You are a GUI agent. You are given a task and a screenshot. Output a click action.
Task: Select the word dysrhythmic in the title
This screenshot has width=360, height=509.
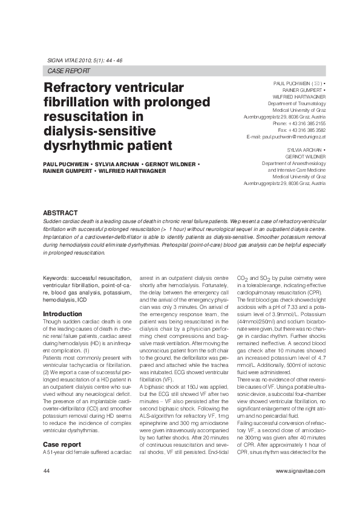[x=76, y=146]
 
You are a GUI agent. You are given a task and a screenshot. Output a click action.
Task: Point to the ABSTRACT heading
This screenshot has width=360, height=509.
[x=60, y=213]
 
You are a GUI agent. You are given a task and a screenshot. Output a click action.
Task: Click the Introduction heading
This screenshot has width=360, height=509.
[x=62, y=314]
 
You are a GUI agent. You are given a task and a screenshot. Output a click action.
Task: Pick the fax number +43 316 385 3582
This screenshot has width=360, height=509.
[x=307, y=130]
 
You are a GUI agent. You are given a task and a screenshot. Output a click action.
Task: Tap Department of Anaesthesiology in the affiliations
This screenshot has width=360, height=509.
[x=293, y=163]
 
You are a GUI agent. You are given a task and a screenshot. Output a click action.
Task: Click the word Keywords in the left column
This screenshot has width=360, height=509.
[x=55, y=277]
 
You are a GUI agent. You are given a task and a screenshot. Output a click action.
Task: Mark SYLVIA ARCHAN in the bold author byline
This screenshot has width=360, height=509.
[x=114, y=164]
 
